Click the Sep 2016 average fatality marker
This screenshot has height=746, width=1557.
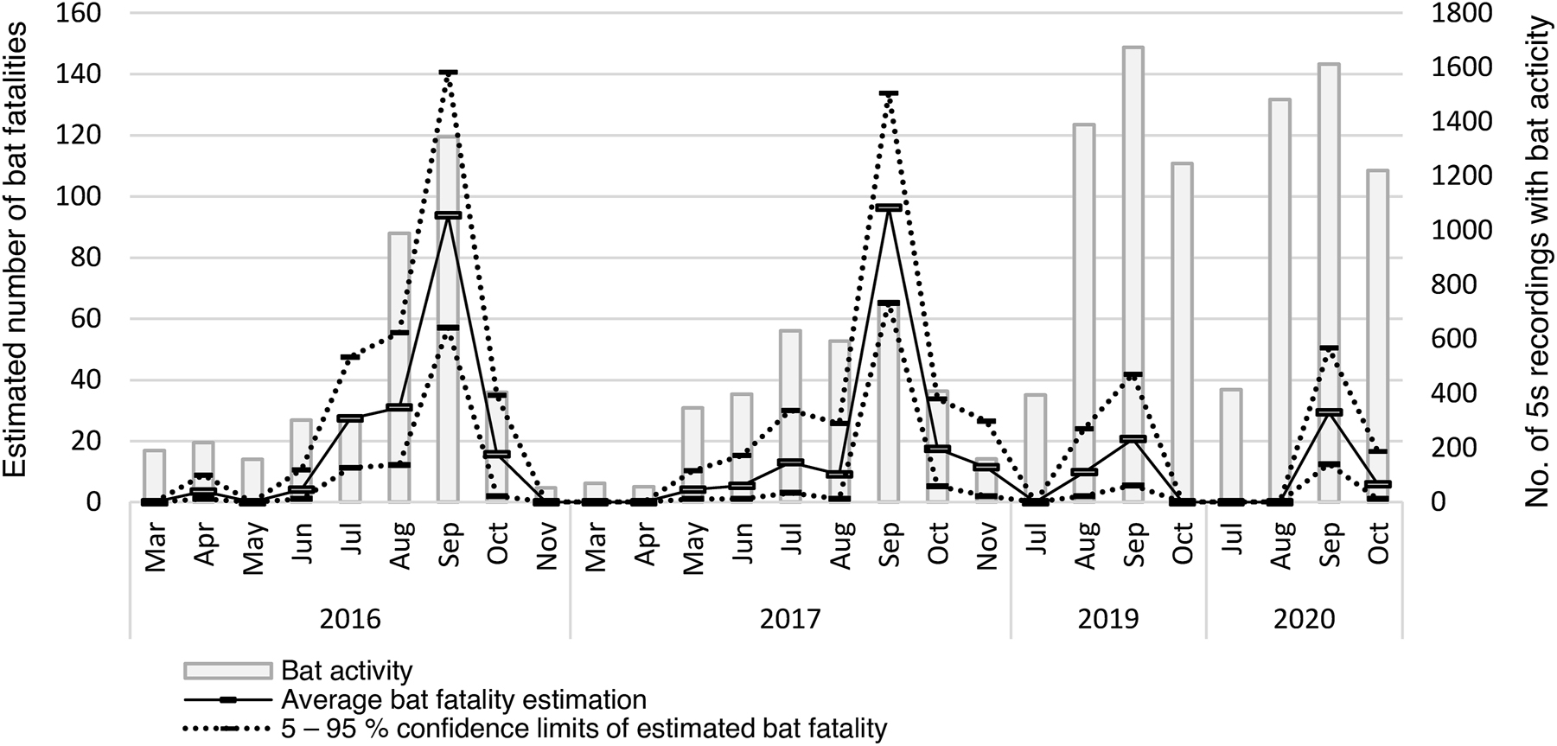point(448,215)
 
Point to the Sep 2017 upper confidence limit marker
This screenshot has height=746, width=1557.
point(889,92)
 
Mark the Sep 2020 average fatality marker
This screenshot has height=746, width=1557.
point(1329,412)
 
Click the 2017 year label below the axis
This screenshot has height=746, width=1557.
point(789,620)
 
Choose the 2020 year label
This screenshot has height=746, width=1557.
point(1305,620)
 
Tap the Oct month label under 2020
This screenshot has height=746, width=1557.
point(1378,545)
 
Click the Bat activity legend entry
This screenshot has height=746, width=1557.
point(346,671)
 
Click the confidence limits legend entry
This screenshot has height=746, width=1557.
point(584,729)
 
